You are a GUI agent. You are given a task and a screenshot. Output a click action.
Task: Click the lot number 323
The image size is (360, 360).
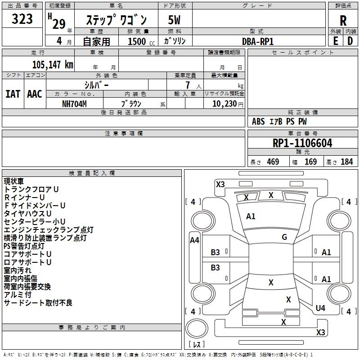[x=22, y=19]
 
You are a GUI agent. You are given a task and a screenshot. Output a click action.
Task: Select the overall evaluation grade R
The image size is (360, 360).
[x=343, y=21]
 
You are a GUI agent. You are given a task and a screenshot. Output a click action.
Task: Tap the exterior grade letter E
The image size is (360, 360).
[x=335, y=41]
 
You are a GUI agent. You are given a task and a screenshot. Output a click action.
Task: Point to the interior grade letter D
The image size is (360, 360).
[x=350, y=41]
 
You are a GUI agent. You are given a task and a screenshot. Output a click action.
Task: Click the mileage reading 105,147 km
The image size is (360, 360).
[x=53, y=65]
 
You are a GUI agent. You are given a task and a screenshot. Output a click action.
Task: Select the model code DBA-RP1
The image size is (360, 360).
[x=258, y=41]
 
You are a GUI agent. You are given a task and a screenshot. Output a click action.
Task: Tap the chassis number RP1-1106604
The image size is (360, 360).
[x=302, y=143]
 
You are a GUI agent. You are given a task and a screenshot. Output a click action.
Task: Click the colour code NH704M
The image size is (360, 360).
[x=75, y=103]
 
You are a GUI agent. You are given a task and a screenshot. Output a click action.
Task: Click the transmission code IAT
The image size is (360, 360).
[x=13, y=94]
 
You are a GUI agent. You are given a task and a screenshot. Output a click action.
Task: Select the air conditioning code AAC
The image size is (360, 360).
[x=35, y=94]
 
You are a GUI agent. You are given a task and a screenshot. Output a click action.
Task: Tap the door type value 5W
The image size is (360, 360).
[x=174, y=21]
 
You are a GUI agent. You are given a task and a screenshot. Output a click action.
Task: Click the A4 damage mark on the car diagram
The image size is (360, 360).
[x=194, y=240]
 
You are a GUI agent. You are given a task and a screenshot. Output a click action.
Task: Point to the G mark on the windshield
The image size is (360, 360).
[x=284, y=237]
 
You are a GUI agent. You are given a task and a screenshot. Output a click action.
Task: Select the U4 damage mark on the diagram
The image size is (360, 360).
[x=320, y=308]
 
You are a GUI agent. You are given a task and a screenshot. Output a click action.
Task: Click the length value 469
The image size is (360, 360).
[x=273, y=162]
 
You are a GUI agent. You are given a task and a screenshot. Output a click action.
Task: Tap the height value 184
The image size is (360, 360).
[x=346, y=162]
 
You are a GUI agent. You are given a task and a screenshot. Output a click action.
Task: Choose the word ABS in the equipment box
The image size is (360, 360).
[x=258, y=121]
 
